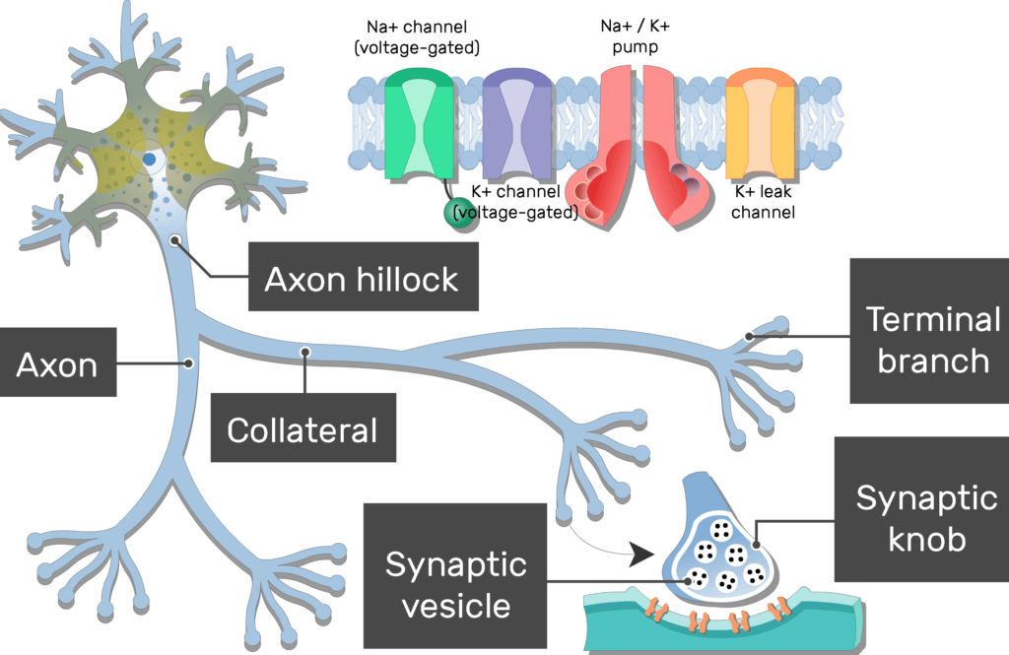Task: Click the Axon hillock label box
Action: pyautogui.click(x=362, y=279)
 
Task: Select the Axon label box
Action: pyautogui.click(x=57, y=365)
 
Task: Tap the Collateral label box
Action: pyautogui.click(x=303, y=428)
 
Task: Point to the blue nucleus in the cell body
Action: pyautogui.click(x=149, y=158)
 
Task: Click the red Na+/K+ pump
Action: pyautogui.click(x=641, y=148)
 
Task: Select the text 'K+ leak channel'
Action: pyautogui.click(x=763, y=201)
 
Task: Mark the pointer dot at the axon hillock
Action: pyautogui.click(x=175, y=239)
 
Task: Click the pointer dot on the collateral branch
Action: pyautogui.click(x=306, y=350)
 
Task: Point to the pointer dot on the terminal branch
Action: pyautogui.click(x=751, y=336)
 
